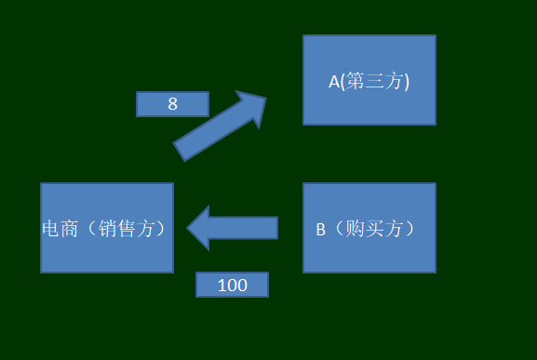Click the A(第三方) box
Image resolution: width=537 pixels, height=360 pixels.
369,80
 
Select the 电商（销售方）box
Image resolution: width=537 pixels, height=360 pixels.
107,228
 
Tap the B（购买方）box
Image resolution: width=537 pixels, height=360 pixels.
369,228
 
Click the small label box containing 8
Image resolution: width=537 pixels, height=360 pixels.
172,104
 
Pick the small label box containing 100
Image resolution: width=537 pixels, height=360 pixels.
232,285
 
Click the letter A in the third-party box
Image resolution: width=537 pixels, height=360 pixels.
334,82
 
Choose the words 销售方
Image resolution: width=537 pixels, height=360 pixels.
133,229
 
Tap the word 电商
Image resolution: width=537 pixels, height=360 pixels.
60,229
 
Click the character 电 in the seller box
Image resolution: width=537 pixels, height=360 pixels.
51,229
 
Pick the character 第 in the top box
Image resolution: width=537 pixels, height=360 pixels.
356,82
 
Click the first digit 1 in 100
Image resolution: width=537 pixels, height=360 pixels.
222,286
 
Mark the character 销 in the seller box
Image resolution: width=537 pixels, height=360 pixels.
114,229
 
